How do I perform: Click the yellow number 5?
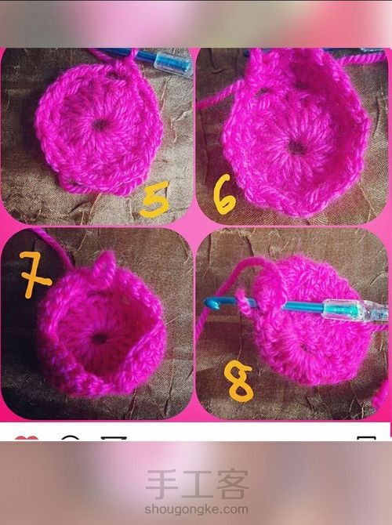[x=154, y=200]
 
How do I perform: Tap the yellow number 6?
[x=223, y=195]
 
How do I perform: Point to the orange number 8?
[x=238, y=382]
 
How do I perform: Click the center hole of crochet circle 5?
[x=100, y=125]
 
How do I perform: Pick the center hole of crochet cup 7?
[x=100, y=339]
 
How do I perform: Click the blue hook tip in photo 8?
[x=211, y=302]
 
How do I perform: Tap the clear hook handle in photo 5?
[x=172, y=62]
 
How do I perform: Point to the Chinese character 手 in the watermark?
[x=162, y=484]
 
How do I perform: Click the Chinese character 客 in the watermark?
[x=233, y=484]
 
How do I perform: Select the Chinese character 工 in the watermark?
[x=197, y=484]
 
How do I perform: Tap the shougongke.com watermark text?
[x=196, y=509]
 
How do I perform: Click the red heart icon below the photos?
[x=27, y=438]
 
